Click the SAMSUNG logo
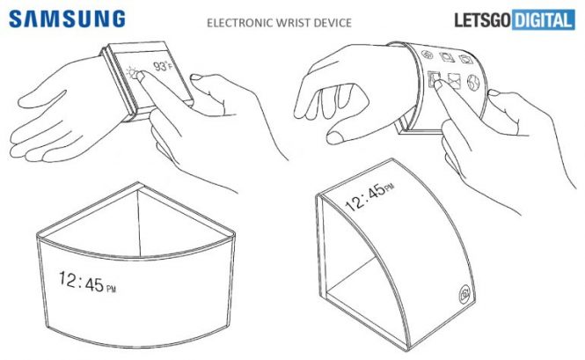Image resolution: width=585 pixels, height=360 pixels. [67, 18]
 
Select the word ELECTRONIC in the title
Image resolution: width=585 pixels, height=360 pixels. [239, 23]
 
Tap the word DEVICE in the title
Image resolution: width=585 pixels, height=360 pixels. [333, 23]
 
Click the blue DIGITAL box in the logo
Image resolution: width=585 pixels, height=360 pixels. [544, 20]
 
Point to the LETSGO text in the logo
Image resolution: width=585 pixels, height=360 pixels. [482, 20]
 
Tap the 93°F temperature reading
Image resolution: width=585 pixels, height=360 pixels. [163, 66]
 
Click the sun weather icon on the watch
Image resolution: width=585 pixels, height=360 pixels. [132, 72]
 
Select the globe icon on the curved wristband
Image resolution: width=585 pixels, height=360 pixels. [473, 83]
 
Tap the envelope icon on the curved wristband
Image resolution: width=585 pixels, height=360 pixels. [454, 81]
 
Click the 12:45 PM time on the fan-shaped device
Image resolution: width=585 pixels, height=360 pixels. [87, 282]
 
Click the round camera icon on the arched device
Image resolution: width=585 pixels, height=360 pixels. [464, 294]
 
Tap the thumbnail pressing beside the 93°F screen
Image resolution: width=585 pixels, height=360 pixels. [197, 77]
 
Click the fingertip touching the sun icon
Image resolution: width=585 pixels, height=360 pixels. [141, 76]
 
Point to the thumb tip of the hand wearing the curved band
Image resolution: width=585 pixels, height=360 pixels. [334, 138]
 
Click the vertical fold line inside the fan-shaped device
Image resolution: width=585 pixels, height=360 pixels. [139, 224]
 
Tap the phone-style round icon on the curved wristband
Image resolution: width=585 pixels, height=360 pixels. [428, 55]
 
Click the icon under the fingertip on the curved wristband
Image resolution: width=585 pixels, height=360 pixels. [434, 79]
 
